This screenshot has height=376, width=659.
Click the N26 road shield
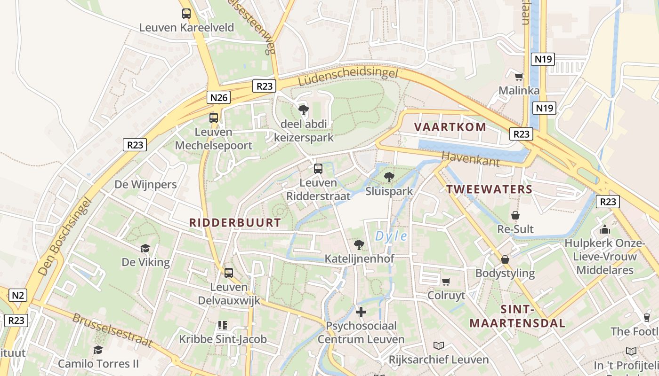click(x=219, y=97)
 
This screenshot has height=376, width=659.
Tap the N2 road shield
click(x=17, y=296)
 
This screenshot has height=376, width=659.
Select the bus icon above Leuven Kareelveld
click(x=186, y=14)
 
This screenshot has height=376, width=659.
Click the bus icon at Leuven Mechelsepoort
click(x=214, y=118)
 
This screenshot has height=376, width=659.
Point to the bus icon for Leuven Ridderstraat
click(x=318, y=169)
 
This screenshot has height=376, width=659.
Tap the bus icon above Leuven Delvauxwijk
click(x=229, y=273)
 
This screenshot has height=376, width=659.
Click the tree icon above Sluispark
click(x=389, y=177)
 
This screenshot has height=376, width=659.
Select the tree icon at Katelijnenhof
click(x=359, y=244)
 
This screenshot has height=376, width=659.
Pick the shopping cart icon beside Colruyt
click(x=446, y=282)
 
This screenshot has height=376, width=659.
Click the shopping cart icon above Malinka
click(x=519, y=77)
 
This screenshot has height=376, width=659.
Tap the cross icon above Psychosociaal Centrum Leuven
click(x=361, y=312)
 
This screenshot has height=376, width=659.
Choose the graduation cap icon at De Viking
click(x=145, y=248)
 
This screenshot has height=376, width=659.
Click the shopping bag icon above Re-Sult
click(x=515, y=215)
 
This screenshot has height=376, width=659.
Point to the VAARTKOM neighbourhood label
click(x=450, y=127)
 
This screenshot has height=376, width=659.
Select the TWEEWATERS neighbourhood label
click(x=489, y=189)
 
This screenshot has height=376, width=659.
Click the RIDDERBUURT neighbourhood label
click(x=235, y=223)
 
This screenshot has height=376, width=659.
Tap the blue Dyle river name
click(x=391, y=236)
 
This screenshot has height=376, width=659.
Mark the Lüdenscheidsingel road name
click(x=348, y=78)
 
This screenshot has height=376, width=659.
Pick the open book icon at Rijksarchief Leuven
click(x=439, y=346)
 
